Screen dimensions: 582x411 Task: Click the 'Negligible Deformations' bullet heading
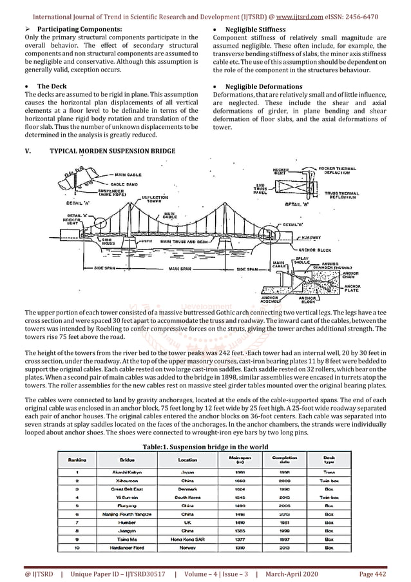point(265,86)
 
